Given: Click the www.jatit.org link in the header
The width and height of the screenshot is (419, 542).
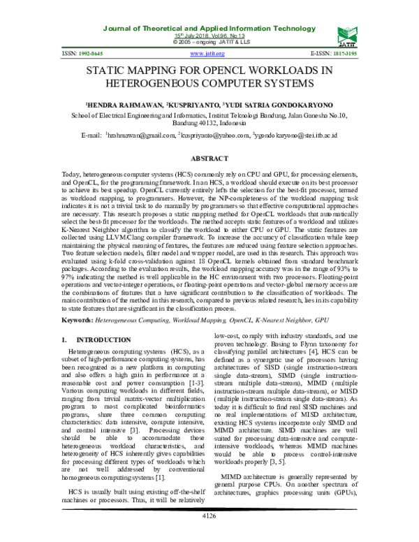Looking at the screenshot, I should coord(207,54).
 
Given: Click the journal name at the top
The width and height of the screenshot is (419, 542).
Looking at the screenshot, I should coord(207,27).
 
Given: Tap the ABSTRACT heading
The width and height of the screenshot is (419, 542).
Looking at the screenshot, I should coord(209,159).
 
